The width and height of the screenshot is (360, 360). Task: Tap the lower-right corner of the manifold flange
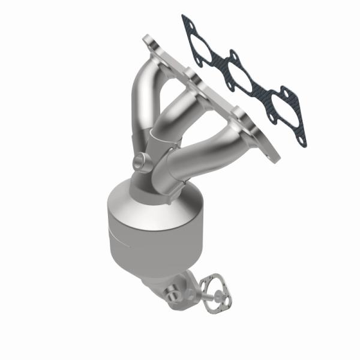point(277,160)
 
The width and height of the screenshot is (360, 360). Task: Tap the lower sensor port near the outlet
point(173,296)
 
